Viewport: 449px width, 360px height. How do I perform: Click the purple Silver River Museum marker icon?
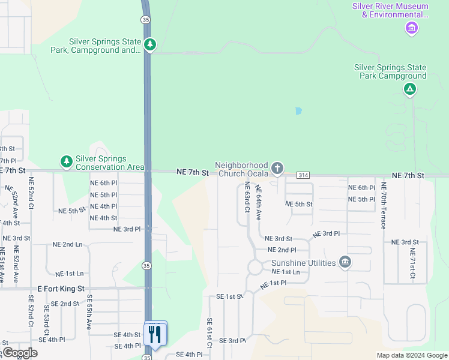(412, 28)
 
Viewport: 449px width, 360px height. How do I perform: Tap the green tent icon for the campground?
(409, 90)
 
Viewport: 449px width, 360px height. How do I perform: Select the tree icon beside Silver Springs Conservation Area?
(66, 161)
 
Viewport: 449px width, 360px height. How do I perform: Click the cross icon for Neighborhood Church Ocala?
(277, 168)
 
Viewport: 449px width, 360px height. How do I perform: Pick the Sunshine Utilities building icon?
(345, 262)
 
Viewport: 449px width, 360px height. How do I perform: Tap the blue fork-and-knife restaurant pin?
(155, 334)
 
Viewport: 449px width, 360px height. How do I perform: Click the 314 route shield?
(303, 175)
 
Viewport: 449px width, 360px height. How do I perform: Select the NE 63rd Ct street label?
(246, 198)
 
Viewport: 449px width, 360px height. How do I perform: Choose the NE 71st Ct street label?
(412, 265)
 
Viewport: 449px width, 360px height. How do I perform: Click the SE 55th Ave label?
(89, 313)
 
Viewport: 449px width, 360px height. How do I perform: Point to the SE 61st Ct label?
(209, 333)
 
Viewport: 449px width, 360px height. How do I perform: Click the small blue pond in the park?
(298, 111)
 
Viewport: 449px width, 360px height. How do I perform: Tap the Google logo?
(20, 353)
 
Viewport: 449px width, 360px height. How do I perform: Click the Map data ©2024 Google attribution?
(411, 355)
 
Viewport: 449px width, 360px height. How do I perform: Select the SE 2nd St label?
(65, 304)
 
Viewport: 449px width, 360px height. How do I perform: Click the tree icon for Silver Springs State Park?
(149, 44)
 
